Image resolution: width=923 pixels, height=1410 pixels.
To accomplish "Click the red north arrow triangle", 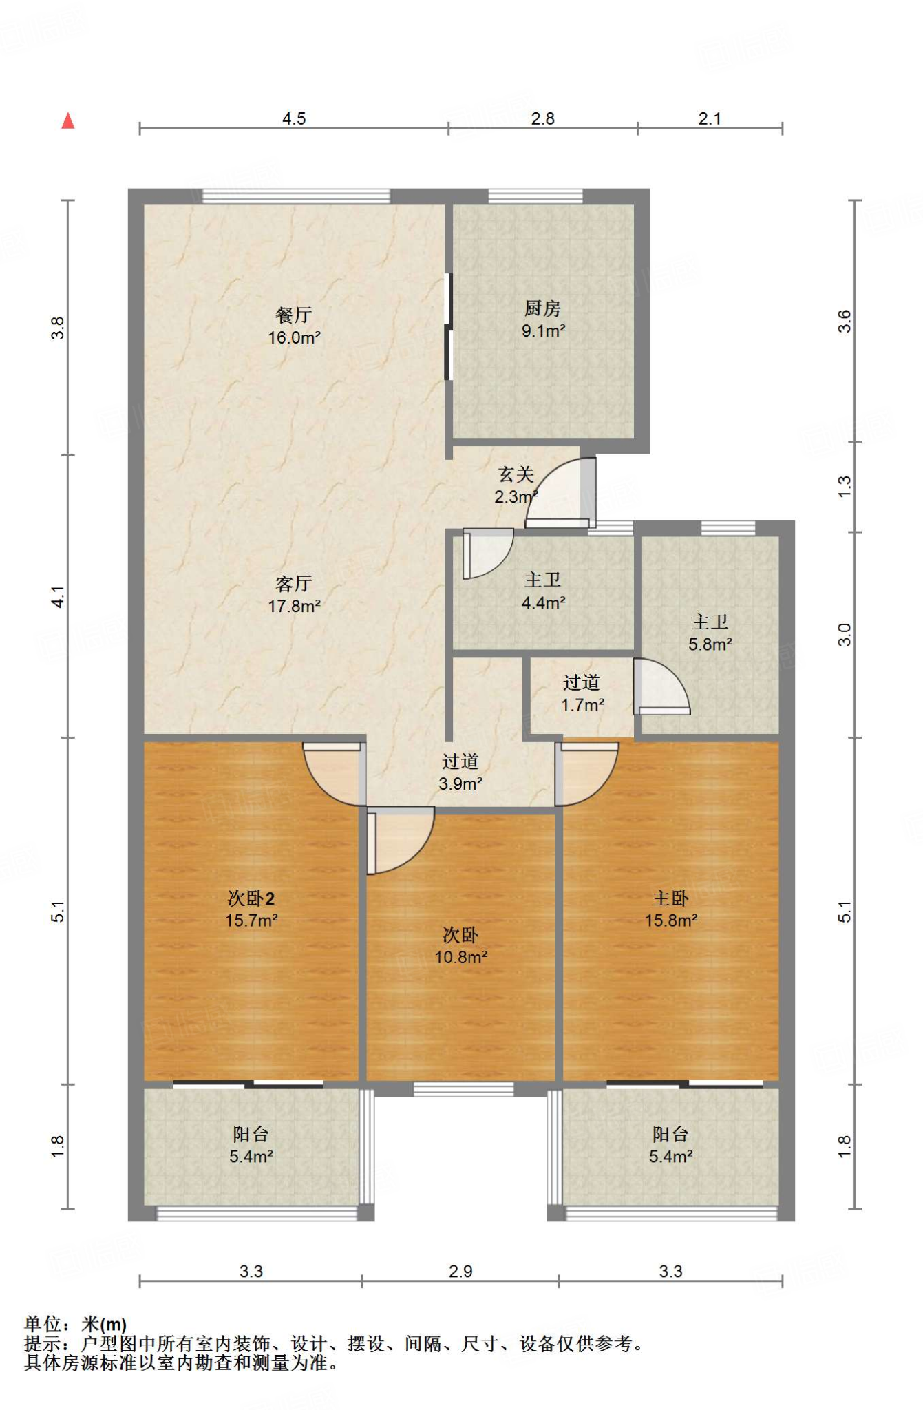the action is click(67, 120).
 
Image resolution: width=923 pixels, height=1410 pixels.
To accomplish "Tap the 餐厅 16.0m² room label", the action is click(294, 326).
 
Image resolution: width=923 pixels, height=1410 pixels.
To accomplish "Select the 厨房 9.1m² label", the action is click(543, 319).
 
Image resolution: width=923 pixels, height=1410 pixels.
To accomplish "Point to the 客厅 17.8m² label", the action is click(294, 595).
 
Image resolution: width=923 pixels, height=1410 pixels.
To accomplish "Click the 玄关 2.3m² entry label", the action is click(516, 485).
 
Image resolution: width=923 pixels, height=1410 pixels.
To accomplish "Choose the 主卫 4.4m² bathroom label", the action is click(543, 591).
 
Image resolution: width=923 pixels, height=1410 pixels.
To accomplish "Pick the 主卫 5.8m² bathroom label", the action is click(710, 633).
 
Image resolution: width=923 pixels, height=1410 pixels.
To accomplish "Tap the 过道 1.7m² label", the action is click(582, 693).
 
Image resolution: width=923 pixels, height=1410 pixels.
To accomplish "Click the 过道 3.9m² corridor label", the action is click(460, 772).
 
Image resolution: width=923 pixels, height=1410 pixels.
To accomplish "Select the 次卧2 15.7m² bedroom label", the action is click(251, 909).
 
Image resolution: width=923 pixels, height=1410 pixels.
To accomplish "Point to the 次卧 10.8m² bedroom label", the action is click(460, 946).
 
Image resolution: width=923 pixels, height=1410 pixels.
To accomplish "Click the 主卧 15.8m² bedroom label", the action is click(670, 909).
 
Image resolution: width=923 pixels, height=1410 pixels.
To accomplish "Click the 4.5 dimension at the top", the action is click(294, 118).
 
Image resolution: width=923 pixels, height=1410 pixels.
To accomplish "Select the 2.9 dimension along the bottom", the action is click(460, 1271).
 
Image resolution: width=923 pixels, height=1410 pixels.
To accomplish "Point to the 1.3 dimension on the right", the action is click(845, 487).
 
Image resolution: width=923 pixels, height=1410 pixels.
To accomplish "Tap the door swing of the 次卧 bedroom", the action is click(400, 841).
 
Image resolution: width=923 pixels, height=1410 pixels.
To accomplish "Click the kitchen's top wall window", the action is click(535, 196).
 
